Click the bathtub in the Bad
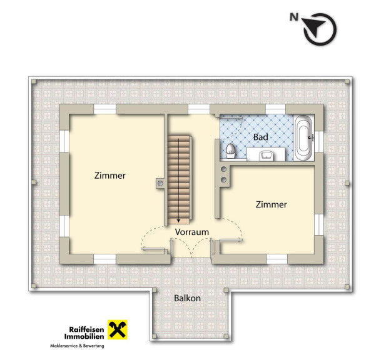(x=303, y=138)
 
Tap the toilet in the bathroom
(x=230, y=151)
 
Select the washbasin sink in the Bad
(x=267, y=155)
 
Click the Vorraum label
(x=192, y=232)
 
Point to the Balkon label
(x=187, y=298)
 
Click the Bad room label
(x=261, y=137)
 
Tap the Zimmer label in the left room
(x=109, y=176)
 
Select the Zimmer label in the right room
(x=271, y=204)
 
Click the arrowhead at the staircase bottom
(x=178, y=221)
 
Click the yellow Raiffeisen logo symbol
(x=118, y=329)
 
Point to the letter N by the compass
(x=294, y=17)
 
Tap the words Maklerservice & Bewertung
(x=77, y=346)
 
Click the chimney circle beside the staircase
(x=160, y=183)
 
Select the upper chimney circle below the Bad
(x=224, y=169)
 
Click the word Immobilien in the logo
(x=84, y=336)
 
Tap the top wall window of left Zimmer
(x=104, y=109)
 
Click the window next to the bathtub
(x=319, y=141)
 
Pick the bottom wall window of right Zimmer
(x=277, y=259)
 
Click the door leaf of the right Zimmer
(x=231, y=240)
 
